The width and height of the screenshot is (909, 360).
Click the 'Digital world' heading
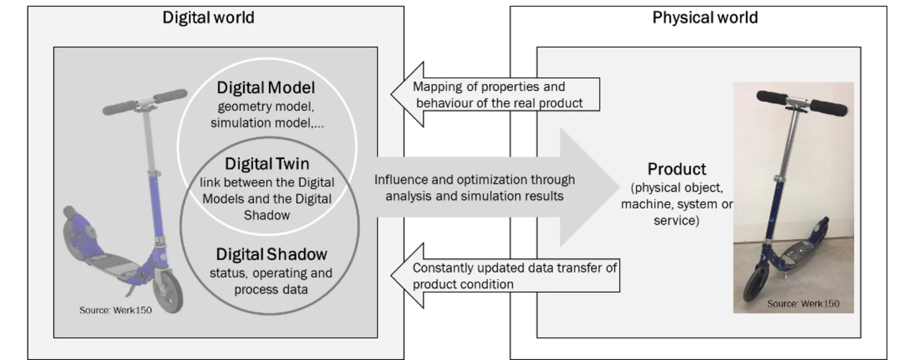point(208,18)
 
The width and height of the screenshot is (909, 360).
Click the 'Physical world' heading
point(705,18)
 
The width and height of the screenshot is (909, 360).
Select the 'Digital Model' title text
point(266,88)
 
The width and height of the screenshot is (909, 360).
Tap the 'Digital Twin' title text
point(267,164)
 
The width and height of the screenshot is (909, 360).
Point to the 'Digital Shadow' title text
point(271,254)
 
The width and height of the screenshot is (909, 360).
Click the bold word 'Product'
point(677,169)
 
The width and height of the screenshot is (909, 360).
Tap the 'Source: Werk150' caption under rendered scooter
point(116,310)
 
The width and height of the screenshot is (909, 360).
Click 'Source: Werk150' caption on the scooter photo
point(803,304)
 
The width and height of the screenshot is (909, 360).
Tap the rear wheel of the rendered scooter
point(76,237)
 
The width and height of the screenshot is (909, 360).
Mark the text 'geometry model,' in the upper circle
point(266,107)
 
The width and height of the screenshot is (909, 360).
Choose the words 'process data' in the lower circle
point(271,289)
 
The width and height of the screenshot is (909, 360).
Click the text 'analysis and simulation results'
point(474,196)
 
